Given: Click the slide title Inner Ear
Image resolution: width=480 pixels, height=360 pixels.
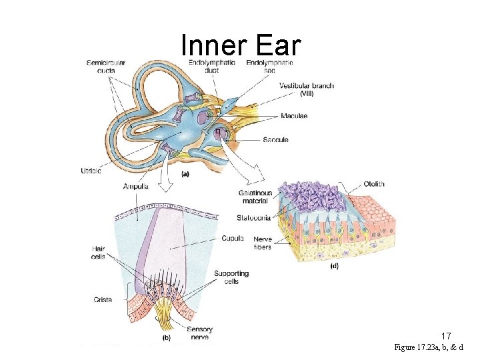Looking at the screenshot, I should (x=241, y=45).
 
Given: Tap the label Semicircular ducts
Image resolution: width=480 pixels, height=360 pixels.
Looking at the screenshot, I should (x=105, y=67).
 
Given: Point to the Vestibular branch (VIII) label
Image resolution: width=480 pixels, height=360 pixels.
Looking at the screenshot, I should (x=306, y=89).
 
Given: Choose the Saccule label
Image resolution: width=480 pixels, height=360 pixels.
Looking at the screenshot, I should (x=275, y=139).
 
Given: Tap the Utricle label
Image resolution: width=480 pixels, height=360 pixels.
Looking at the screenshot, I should (x=91, y=171).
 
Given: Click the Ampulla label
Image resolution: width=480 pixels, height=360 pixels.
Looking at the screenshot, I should (x=135, y=186).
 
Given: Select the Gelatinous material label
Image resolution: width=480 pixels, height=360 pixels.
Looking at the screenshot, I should (x=255, y=197).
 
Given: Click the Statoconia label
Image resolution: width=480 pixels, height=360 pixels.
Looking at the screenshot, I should (x=254, y=217).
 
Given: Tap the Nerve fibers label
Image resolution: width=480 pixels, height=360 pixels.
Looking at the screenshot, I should (x=262, y=243).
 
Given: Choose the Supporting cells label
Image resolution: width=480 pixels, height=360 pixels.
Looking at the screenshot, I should (x=231, y=277).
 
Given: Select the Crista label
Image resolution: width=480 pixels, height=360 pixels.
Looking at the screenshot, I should (x=103, y=300).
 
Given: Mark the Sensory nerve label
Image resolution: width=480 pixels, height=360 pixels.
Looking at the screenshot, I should (x=200, y=333).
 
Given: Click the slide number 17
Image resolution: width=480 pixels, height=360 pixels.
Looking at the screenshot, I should (x=447, y=336).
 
